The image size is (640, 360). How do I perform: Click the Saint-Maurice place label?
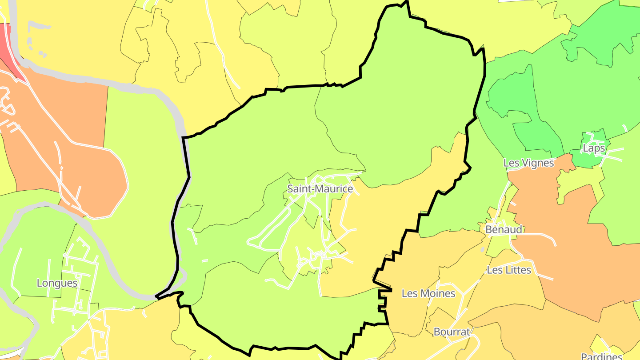pos(320,188)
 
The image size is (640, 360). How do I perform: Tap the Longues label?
pos(57,283)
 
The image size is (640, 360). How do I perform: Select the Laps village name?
pos(594,148)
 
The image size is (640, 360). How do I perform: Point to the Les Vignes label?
pos(529,163)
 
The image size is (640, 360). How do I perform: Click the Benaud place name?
pos(504,230)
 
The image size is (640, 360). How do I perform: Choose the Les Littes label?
pos(509,270)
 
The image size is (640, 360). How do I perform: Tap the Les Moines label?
pos(428,293)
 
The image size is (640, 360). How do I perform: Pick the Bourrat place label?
pos(452,332)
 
